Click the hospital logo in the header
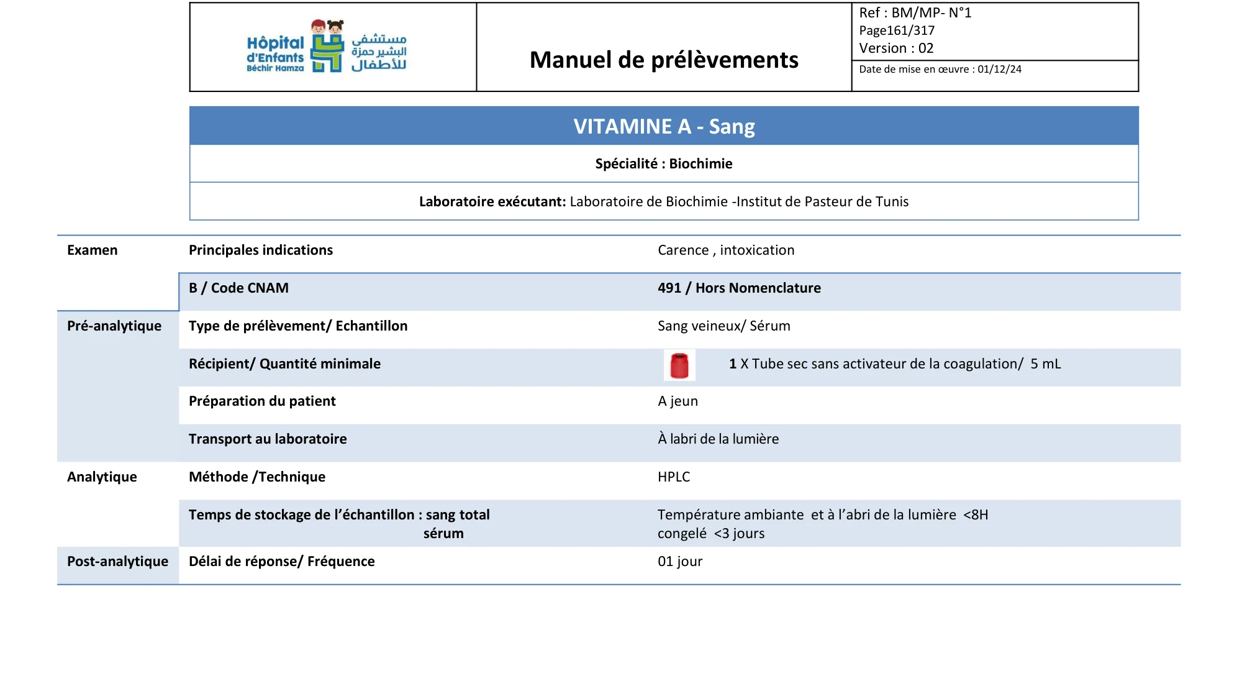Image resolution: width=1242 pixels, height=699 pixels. (327, 47)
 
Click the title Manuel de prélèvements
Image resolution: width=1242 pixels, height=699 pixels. (664, 60)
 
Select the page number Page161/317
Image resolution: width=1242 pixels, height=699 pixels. (897, 30)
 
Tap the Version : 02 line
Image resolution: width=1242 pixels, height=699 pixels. (896, 48)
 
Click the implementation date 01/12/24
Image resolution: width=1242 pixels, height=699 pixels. (999, 70)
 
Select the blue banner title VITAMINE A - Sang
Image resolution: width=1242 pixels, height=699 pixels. (664, 127)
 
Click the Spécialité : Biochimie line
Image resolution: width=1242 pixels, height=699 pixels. (664, 164)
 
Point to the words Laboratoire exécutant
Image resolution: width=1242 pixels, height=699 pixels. (492, 202)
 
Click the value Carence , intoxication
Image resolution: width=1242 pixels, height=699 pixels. (726, 250)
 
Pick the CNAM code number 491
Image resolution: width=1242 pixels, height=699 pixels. (669, 288)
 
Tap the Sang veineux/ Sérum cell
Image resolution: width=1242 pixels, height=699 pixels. (724, 326)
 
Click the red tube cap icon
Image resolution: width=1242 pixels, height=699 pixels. (679, 365)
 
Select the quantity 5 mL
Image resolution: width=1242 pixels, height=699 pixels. (1046, 364)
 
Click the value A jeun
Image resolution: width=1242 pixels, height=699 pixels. (678, 401)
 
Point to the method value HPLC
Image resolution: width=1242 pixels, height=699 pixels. (674, 477)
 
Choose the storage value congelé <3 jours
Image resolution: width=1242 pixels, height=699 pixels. (711, 534)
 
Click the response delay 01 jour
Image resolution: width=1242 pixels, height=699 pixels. (680, 562)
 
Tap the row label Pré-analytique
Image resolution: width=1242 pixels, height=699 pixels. (114, 326)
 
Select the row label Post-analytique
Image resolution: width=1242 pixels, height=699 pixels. (117, 562)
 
